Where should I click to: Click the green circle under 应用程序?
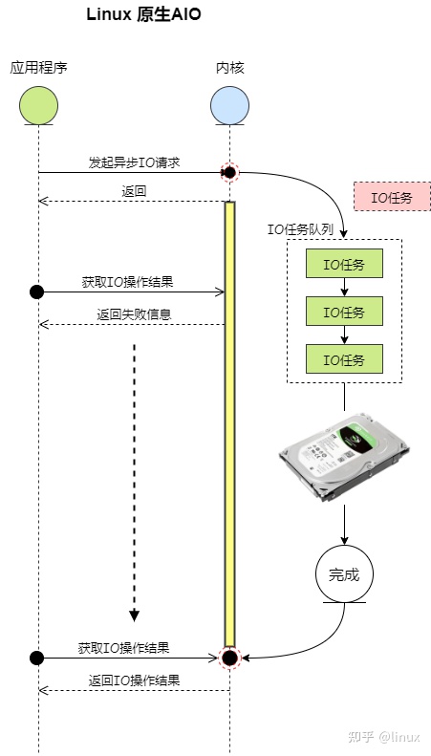coord(38,105)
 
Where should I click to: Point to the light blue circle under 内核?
coord(229,105)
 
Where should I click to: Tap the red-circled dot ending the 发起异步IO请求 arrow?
coord(229,172)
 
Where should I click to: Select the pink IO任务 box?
coord(392,197)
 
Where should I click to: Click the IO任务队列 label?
coord(300,228)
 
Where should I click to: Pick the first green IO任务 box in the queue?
coord(344,264)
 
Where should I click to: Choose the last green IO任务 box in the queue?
coord(344,359)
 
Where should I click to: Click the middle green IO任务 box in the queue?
coord(344,312)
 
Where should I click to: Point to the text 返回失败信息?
coord(134,314)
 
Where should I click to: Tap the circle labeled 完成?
coord(344,574)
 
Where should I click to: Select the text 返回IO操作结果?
coord(134,680)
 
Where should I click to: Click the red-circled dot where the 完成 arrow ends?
coord(229,658)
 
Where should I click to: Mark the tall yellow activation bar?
coord(229,421)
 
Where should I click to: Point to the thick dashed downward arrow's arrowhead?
coord(134,614)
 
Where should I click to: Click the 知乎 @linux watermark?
coord(384,736)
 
